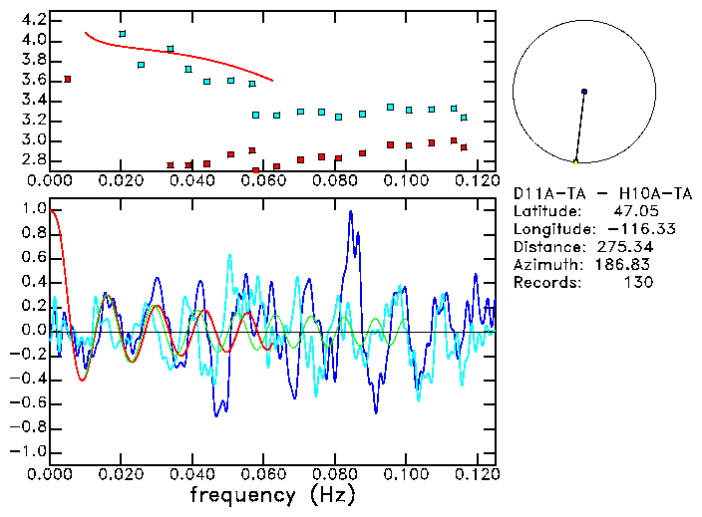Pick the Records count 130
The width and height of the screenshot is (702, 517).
(x=639, y=282)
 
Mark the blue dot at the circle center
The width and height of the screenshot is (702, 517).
(x=584, y=92)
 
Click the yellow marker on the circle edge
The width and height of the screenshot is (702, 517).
(x=575, y=161)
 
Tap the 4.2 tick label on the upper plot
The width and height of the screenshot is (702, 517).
(x=33, y=20)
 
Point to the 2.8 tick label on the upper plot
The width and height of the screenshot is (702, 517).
(x=33, y=159)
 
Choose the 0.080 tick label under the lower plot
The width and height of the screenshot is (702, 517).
(x=334, y=474)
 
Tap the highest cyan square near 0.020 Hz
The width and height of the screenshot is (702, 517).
(x=122, y=34)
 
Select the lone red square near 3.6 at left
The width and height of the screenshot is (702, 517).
(x=67, y=79)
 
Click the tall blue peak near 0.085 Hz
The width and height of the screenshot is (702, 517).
(x=350, y=212)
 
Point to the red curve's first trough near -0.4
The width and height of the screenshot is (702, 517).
(x=83, y=380)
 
